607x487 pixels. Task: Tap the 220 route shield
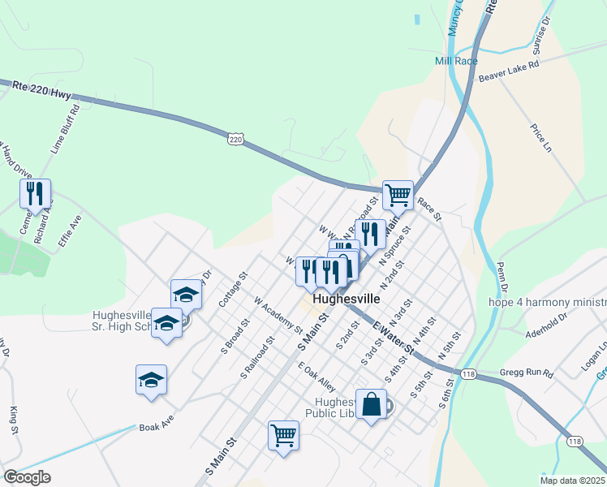point(235,140)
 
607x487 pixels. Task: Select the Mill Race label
point(455,61)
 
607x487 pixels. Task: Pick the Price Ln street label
point(540,138)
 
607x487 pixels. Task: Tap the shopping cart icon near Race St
point(398,194)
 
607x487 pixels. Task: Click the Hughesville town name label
point(347,298)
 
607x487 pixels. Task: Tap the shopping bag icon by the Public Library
point(371,405)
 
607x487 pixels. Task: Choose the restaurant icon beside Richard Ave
point(35,193)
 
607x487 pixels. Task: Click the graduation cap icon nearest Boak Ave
point(151,380)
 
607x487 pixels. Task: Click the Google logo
point(27,477)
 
